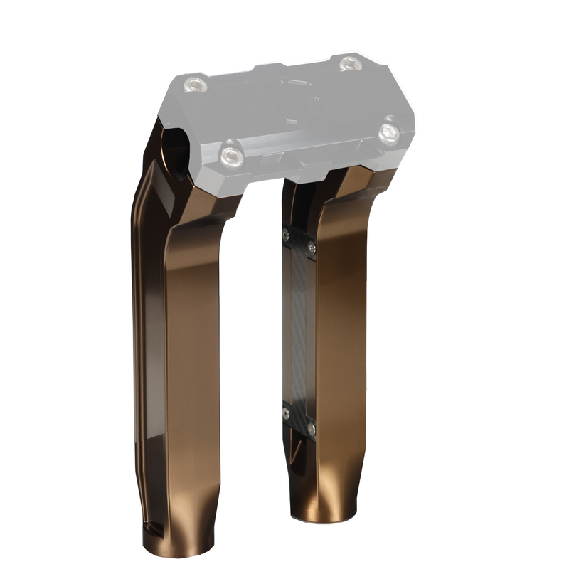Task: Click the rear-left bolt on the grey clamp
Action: click(x=195, y=85)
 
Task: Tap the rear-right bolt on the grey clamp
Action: click(x=351, y=64)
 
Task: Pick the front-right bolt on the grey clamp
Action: click(x=388, y=132)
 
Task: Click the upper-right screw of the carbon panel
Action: click(x=312, y=248)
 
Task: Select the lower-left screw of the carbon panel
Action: click(x=286, y=413)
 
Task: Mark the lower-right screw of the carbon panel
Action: click(x=311, y=429)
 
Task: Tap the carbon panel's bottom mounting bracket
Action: click(x=299, y=421)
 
